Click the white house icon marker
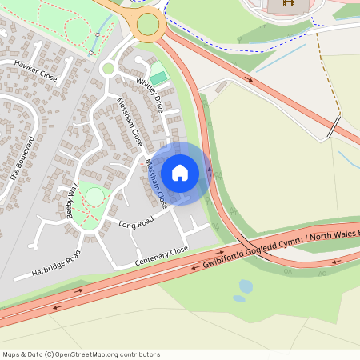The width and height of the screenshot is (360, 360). (x=180, y=173)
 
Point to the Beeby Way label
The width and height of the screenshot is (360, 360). (x=73, y=201)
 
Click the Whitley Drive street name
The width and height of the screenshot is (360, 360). (x=154, y=93)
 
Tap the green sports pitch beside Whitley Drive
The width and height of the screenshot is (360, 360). (x=160, y=78)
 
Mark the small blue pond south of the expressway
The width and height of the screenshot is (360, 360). (x=246, y=286)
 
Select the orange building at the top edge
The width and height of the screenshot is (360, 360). (x=282, y=6)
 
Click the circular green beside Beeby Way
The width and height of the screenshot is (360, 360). (x=94, y=196)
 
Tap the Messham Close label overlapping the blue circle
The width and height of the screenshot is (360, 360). (x=157, y=181)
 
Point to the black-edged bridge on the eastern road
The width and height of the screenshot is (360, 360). (x=334, y=126)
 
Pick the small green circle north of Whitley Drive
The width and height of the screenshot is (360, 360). (x=108, y=69)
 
